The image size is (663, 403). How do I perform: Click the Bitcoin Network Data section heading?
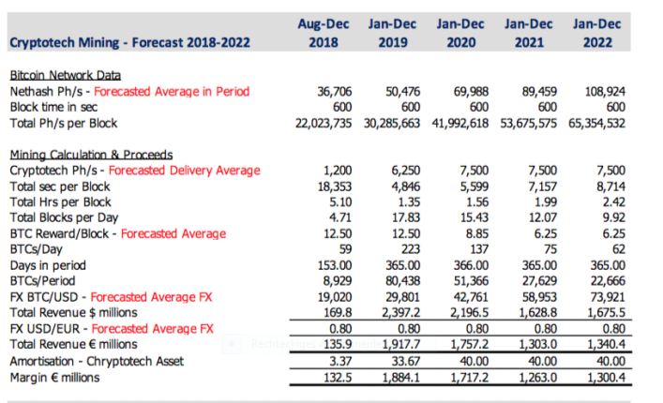coord(65,75)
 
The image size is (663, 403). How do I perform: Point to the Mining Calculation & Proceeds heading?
coord(91,155)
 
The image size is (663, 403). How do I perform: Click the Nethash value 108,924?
coord(601,91)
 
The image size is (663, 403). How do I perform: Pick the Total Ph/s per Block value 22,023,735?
coord(326,123)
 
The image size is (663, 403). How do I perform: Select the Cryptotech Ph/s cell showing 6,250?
coord(405,171)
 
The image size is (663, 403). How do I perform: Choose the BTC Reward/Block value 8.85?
coord(474,232)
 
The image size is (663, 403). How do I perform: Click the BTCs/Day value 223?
coord(409,248)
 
